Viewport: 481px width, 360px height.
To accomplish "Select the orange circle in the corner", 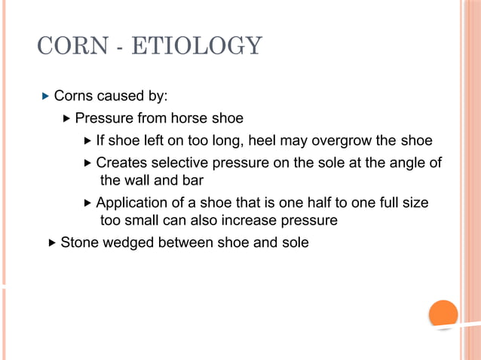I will click(443, 314).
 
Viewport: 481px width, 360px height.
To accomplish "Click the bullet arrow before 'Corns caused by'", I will click(46, 96).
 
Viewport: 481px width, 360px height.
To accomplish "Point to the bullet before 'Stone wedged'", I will click(51, 243).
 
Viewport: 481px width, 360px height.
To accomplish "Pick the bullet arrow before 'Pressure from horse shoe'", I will click(66, 118).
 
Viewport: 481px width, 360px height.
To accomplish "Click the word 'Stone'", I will click(79, 243).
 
